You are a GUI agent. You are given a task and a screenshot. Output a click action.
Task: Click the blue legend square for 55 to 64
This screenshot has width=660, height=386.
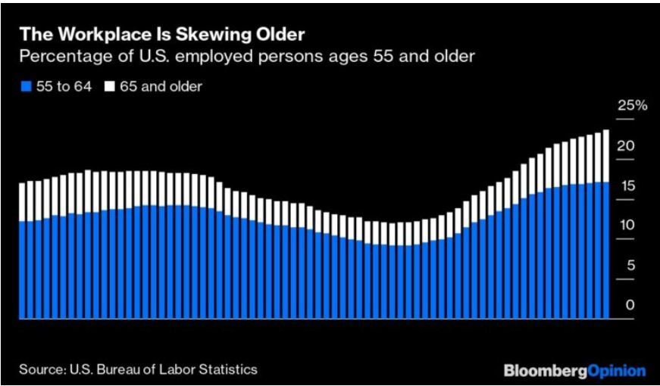tap(24, 87)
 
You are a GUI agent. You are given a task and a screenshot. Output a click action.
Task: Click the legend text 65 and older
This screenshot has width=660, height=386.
tap(161, 86)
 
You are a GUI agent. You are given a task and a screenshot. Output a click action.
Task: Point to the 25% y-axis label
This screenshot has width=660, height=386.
tap(633, 106)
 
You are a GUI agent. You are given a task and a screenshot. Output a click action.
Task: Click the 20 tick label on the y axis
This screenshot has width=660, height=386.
tap(625, 146)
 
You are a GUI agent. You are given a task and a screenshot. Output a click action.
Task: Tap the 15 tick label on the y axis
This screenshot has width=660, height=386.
tap(625, 186)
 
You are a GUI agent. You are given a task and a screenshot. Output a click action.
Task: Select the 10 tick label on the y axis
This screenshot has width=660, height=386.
tap(625, 226)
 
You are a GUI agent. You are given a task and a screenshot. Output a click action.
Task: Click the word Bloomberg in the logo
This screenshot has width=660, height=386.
tap(543, 371)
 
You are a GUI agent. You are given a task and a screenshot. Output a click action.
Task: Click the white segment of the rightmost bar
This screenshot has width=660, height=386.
tap(605, 156)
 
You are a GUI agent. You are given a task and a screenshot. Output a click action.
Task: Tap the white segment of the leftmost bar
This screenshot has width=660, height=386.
tap(22, 201)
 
